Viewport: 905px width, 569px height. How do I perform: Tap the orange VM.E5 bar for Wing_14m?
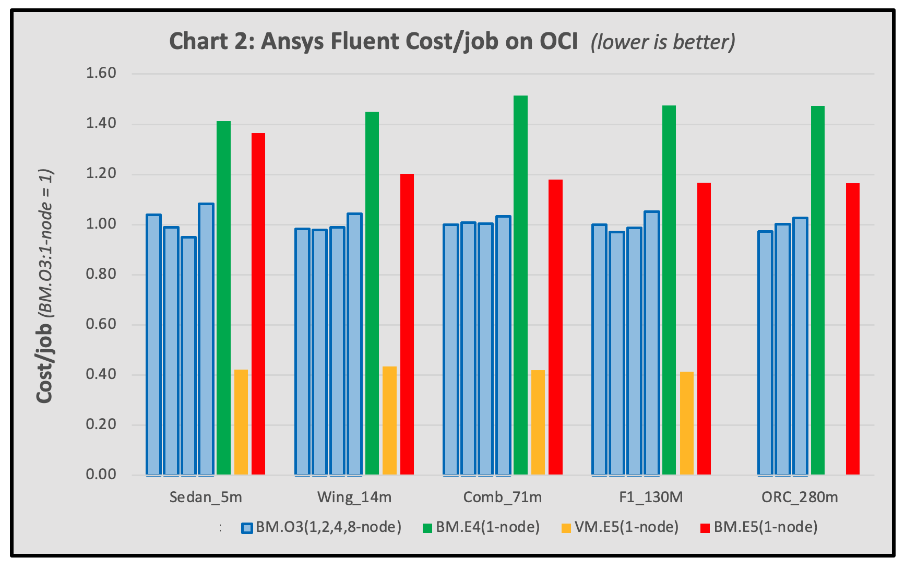[389, 420]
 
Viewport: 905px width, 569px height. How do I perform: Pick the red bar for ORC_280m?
[852, 329]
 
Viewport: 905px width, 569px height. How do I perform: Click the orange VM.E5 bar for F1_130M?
[687, 423]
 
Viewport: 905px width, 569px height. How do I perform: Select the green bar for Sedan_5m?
[223, 298]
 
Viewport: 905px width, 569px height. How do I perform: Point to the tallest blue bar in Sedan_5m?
[206, 339]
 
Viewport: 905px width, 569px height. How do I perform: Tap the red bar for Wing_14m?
[407, 324]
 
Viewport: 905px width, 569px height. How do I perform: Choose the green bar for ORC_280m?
[817, 290]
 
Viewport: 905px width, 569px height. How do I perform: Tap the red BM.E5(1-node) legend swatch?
[705, 528]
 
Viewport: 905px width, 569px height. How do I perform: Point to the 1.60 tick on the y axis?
[101, 73]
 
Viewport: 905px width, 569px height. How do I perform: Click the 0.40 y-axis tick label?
[101, 374]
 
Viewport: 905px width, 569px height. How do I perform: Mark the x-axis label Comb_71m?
[502, 497]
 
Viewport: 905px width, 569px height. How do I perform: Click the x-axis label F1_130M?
[651, 497]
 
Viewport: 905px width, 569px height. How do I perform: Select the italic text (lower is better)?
[663, 42]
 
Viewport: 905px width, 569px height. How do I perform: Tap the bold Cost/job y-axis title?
[44, 363]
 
